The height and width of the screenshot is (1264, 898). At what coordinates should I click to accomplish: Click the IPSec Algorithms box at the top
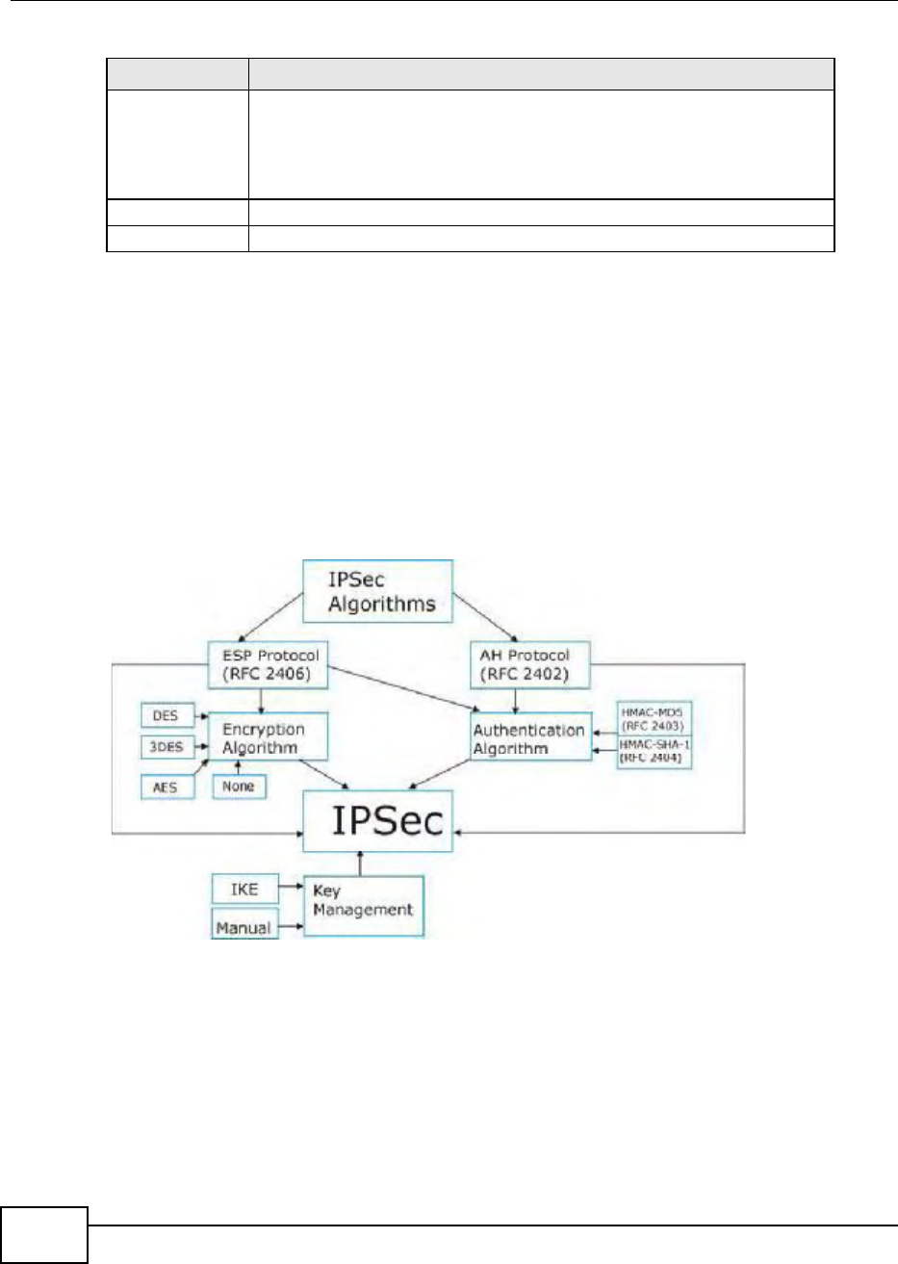(x=377, y=592)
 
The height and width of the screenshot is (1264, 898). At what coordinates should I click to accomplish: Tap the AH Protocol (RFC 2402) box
(x=529, y=665)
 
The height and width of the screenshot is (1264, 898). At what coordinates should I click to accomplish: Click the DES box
(x=166, y=716)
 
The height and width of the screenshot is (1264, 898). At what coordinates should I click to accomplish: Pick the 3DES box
(x=166, y=751)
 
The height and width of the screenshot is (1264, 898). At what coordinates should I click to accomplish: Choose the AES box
(x=166, y=787)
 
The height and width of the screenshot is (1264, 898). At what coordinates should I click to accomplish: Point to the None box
(x=238, y=787)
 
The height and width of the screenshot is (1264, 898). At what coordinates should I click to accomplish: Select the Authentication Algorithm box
(x=528, y=738)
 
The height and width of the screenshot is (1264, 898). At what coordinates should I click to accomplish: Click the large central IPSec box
(x=377, y=821)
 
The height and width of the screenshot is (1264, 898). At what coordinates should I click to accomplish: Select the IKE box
(x=244, y=890)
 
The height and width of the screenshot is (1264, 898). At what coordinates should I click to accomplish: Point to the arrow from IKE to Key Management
(x=292, y=890)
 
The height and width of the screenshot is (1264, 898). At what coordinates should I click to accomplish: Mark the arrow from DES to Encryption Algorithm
(x=200, y=717)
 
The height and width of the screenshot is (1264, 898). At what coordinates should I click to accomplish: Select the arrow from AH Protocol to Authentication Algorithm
(x=517, y=700)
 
